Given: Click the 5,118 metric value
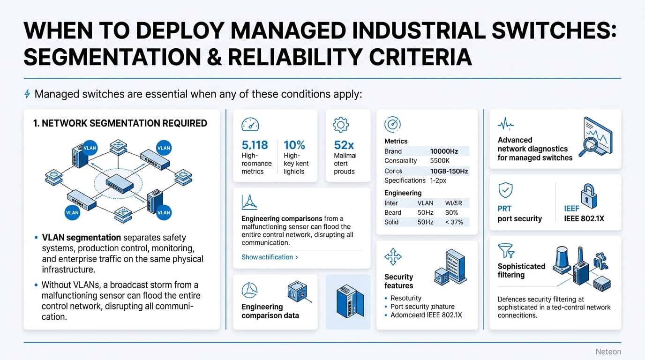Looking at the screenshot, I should coord(255,145).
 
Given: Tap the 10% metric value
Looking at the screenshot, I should coord(294,145).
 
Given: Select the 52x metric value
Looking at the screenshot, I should coord(344,145).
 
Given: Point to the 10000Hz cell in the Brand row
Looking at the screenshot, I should coord(443,151).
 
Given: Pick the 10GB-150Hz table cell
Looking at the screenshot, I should coord(449,171).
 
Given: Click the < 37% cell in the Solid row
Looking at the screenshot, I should coord(454,222).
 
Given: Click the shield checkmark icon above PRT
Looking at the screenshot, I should coord(505,190).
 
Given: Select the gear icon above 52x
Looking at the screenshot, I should coord(340,125).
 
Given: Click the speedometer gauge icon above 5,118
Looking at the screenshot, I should coord(250,125).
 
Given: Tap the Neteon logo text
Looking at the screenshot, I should coord(608,352).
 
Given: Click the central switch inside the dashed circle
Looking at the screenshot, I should coord(120,183).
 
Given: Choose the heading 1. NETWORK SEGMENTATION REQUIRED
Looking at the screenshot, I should coord(120,123).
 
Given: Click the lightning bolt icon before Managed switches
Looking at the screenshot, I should coord(27,94).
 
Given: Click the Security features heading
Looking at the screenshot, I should coord(398,281).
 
